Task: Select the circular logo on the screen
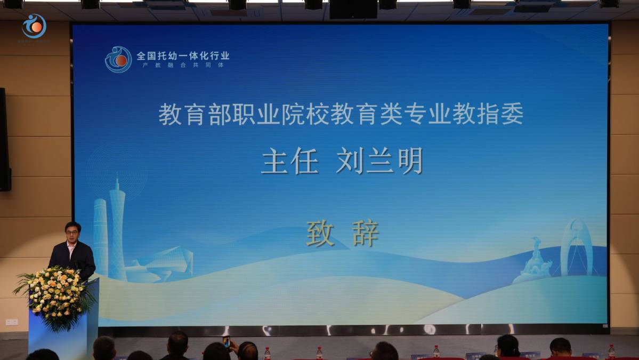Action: pyautogui.click(x=118, y=59)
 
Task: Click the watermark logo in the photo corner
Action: pyautogui.click(x=34, y=26)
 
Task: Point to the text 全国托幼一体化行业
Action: pyautogui.click(x=183, y=55)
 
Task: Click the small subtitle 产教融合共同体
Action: pyautogui.click(x=183, y=65)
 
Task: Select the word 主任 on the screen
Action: pyautogui.click(x=290, y=161)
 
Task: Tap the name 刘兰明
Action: pyautogui.click(x=379, y=161)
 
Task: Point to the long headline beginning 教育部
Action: pyautogui.click(x=341, y=114)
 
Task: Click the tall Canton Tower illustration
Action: pyautogui.click(x=117, y=229)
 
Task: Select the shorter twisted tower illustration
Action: pyautogui.click(x=100, y=235)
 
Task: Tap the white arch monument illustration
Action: pyautogui.click(x=576, y=248)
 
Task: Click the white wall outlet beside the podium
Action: pyautogui.click(x=11, y=322)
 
